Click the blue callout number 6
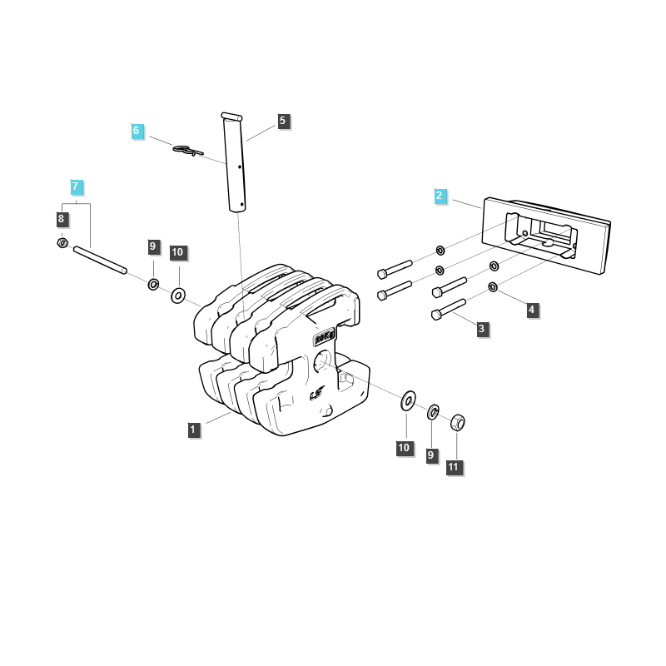(x=137, y=131)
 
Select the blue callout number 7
(x=76, y=186)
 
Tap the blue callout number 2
(x=440, y=196)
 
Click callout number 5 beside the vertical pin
(x=283, y=121)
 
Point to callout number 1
(x=194, y=430)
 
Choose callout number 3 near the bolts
(x=482, y=329)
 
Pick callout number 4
(x=532, y=310)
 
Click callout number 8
(x=62, y=219)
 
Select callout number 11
(x=454, y=467)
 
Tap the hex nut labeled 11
(x=457, y=422)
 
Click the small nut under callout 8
(x=62, y=243)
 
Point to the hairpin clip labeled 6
(x=188, y=150)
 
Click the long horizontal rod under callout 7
(x=100, y=260)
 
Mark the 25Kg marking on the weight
(x=324, y=338)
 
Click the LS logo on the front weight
(x=317, y=394)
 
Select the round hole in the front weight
(x=322, y=361)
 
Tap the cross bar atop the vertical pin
(x=231, y=117)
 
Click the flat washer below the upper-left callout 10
(x=178, y=296)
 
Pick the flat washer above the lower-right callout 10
(x=408, y=400)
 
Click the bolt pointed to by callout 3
(x=449, y=309)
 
